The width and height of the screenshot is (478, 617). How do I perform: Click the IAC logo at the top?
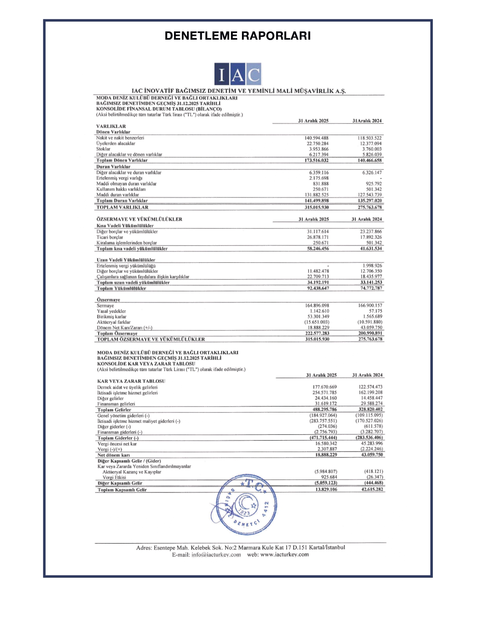(238, 74)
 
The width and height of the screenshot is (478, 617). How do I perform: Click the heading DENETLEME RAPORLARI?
(238, 36)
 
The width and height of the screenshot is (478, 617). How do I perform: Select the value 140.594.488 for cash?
(316, 138)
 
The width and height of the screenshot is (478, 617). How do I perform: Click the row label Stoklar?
(103, 149)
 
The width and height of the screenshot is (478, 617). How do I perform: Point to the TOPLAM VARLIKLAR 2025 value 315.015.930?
(317, 207)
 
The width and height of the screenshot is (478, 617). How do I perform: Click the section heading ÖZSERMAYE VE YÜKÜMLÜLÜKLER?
(139, 219)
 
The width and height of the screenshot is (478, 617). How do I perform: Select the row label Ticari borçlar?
(110, 237)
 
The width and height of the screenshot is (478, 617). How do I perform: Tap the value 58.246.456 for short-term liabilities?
(318, 249)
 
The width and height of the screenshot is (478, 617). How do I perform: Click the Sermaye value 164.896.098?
(317, 306)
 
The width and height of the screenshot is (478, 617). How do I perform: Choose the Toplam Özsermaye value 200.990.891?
(370, 333)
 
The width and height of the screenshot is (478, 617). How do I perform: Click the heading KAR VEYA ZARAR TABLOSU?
(131, 381)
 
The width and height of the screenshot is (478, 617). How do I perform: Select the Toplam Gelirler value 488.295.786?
(324, 409)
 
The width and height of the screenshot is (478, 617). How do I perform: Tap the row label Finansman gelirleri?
(116, 404)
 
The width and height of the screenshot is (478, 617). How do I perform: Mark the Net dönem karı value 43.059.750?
(372, 455)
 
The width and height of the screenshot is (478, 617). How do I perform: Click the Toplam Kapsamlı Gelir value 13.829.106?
(326, 489)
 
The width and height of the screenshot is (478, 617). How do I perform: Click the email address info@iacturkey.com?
(216, 555)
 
